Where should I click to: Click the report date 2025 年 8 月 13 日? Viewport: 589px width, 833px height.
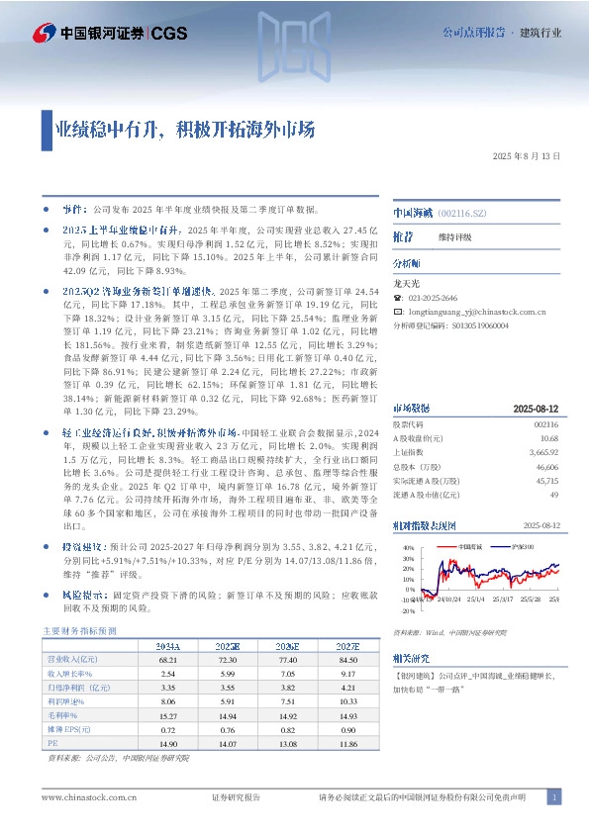pyautogui.click(x=527, y=156)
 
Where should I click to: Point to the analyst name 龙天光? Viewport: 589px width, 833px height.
pyautogui.click(x=407, y=283)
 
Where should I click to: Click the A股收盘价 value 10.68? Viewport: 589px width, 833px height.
pyautogui.click(x=550, y=437)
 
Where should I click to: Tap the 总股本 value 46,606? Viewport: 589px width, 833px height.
pyautogui.click(x=547, y=465)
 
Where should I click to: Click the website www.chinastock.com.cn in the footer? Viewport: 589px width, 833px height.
pyautogui.click(x=82, y=797)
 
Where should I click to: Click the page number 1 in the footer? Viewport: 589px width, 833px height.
pyautogui.click(x=554, y=797)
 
